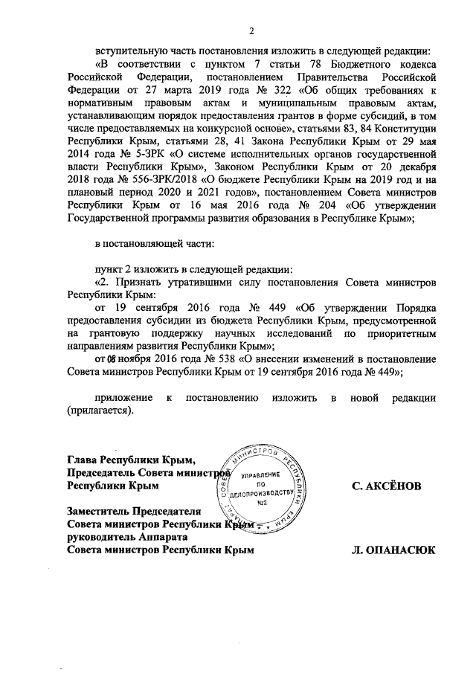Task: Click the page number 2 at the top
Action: pos(251,31)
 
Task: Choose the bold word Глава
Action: pos(83,457)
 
